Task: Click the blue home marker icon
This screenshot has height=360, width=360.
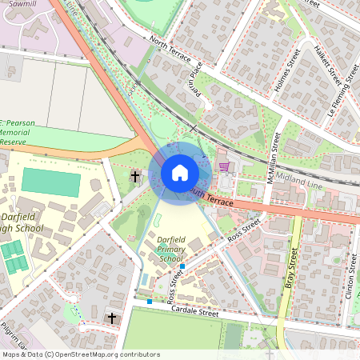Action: coord(180,172)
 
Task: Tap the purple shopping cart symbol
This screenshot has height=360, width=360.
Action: coord(225,166)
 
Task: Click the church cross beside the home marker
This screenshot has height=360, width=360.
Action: coord(135,176)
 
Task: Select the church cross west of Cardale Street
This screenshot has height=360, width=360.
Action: coord(112,318)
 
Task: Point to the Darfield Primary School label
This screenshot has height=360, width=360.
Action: coord(159,249)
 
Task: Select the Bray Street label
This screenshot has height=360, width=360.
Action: coord(291,268)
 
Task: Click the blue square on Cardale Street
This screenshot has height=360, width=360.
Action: coord(149,302)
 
